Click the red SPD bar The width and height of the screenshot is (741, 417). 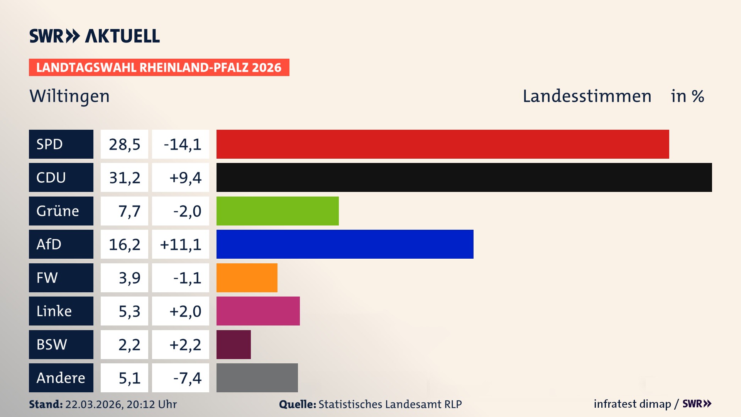(443, 144)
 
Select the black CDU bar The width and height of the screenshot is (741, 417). (464, 177)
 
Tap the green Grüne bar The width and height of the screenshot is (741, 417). (277, 211)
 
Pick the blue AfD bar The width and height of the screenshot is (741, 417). (345, 244)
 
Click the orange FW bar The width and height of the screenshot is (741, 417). (247, 278)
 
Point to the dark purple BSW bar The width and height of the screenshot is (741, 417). (233, 344)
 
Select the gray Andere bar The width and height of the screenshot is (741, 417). (257, 378)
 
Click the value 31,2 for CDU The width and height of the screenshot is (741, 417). (124, 178)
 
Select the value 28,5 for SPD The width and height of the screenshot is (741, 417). (124, 144)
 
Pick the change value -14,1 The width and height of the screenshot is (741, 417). (182, 144)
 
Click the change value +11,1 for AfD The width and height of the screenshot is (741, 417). (181, 244)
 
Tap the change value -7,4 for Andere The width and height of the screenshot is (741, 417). (187, 378)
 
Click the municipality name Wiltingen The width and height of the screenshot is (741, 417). (69, 96)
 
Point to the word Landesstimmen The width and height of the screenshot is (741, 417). (587, 96)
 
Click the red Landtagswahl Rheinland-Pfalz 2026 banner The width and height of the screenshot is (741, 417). (159, 67)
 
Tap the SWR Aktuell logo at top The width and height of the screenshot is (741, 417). (94, 36)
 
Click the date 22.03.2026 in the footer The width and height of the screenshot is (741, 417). (94, 404)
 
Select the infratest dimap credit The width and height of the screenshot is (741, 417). (632, 404)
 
